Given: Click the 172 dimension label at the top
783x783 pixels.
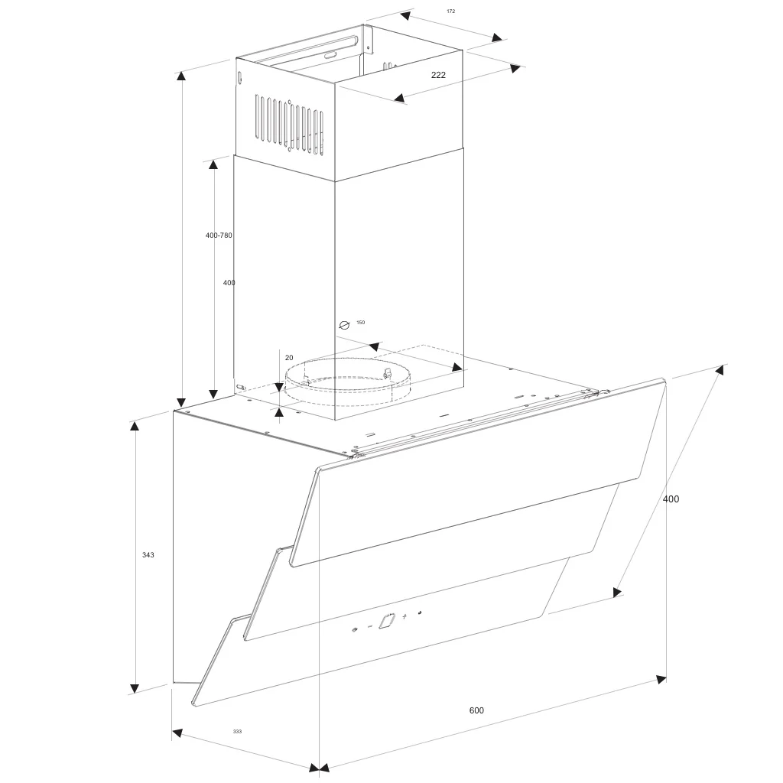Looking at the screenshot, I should pyautogui.click(x=450, y=11).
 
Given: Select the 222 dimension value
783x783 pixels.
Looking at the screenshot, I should pyautogui.click(x=438, y=75).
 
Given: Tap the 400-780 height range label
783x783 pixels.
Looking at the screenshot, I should pyautogui.click(x=219, y=236).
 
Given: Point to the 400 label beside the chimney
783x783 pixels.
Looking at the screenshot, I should pyautogui.click(x=229, y=283).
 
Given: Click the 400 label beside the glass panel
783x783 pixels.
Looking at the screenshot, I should pyautogui.click(x=671, y=499).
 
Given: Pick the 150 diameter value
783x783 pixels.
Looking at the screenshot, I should pyautogui.click(x=360, y=323).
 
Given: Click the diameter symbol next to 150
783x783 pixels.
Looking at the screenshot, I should pyautogui.click(x=344, y=325).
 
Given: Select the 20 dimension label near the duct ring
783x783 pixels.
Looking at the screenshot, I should pyautogui.click(x=289, y=358).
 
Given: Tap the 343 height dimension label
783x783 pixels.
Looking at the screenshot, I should pyautogui.click(x=148, y=555).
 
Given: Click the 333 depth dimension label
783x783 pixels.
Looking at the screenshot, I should pyautogui.click(x=237, y=732).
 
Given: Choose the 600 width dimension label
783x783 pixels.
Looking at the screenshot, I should pyautogui.click(x=476, y=710).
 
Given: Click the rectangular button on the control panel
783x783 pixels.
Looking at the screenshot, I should pyautogui.click(x=387, y=622).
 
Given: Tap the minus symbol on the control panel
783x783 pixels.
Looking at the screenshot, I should pyautogui.click(x=370, y=626).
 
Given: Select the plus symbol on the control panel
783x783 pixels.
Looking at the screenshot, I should pyautogui.click(x=404, y=616).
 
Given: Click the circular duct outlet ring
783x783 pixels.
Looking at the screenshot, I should pyautogui.click(x=344, y=382).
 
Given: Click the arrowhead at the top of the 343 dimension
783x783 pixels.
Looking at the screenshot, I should pyautogui.click(x=135, y=426).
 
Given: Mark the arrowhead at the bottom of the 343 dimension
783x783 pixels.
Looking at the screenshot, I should pyautogui.click(x=135, y=687).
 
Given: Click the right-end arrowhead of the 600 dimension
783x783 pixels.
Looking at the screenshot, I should pyautogui.click(x=661, y=679).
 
